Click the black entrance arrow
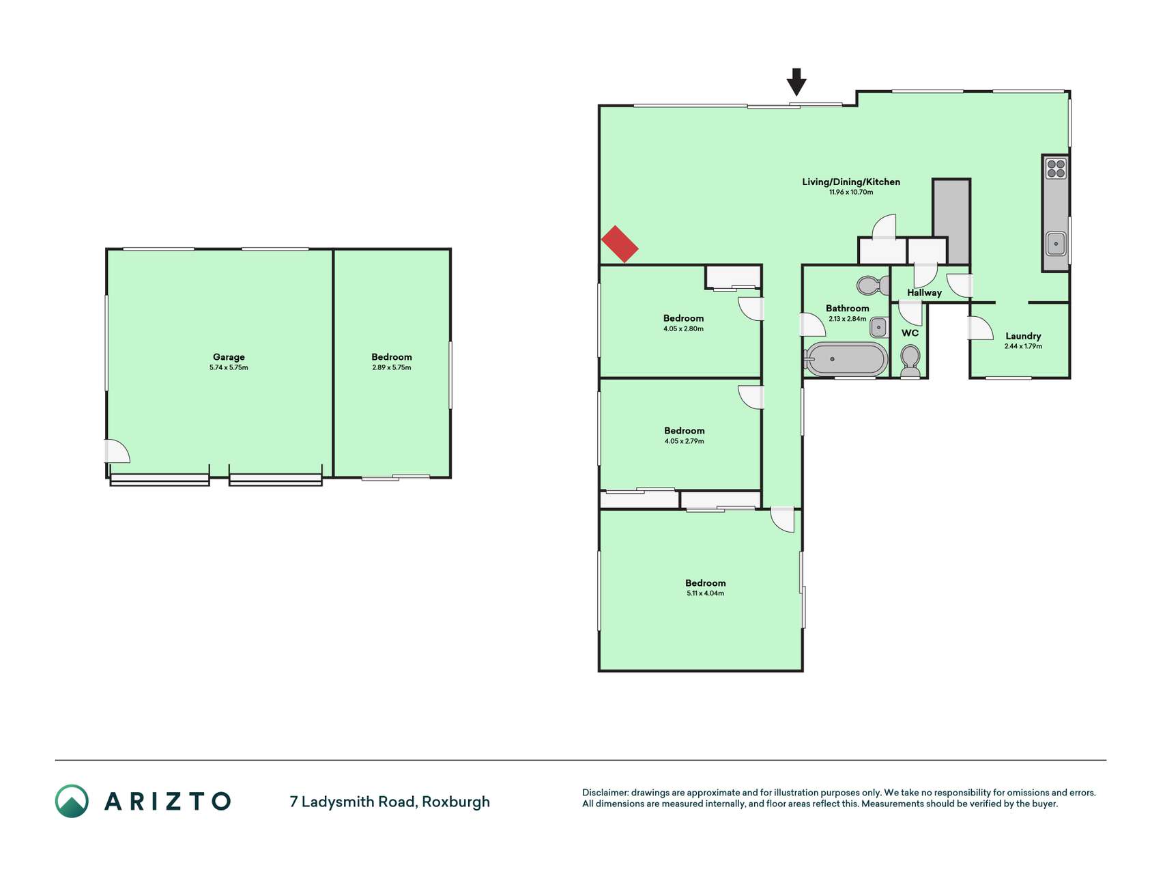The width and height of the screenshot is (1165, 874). [796, 82]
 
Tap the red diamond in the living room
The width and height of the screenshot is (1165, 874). [620, 244]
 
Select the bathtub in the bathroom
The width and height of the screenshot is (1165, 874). [846, 358]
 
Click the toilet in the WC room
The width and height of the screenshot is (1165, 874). [910, 361]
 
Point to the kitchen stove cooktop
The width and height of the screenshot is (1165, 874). [1056, 168]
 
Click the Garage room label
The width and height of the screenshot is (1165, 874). [229, 357]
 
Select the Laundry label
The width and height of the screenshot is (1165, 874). [1023, 336]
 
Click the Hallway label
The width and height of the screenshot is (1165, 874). [924, 293]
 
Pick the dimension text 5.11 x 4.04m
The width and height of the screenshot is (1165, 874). [706, 593]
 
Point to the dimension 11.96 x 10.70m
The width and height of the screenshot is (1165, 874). [851, 193]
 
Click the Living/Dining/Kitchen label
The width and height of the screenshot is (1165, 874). [851, 182]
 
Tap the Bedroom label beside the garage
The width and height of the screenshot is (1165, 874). [392, 357]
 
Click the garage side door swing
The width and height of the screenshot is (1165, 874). [117, 451]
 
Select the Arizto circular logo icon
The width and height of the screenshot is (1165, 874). [72, 801]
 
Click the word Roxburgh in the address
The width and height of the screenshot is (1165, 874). [456, 802]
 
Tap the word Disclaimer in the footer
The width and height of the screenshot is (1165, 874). [605, 793]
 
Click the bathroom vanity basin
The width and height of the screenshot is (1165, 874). [878, 328]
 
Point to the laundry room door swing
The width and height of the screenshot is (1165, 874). [980, 328]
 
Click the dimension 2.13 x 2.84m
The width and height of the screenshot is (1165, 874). [848, 319]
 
